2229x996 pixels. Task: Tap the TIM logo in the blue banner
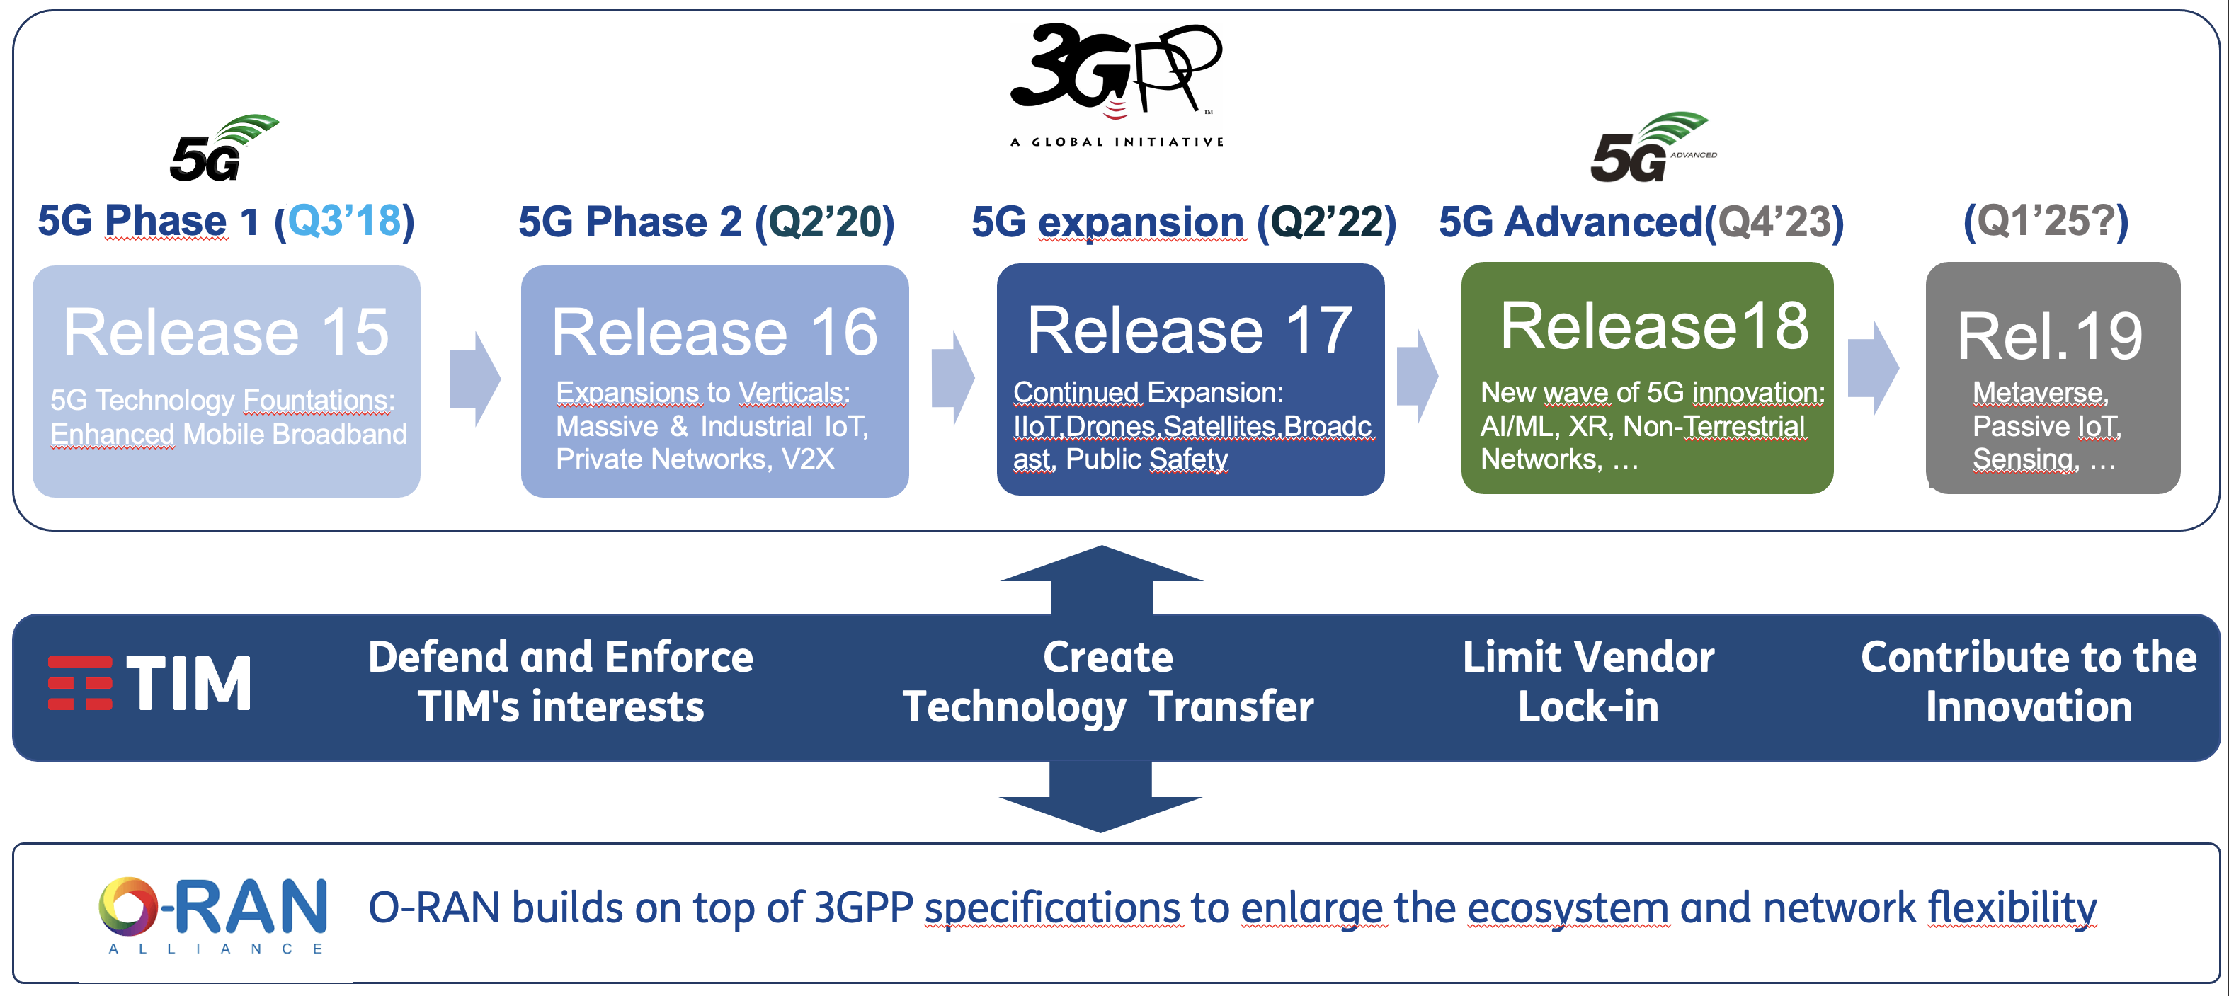pyautogui.click(x=149, y=682)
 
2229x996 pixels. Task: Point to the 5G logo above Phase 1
pyautogui.click(x=223, y=148)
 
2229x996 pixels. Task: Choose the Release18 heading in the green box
pyautogui.click(x=1653, y=326)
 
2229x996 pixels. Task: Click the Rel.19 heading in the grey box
pyautogui.click(x=2050, y=337)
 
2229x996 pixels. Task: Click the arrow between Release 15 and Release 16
pyautogui.click(x=475, y=378)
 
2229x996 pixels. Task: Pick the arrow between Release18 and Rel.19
pyautogui.click(x=1874, y=369)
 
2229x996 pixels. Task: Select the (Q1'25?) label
pyautogui.click(x=2046, y=222)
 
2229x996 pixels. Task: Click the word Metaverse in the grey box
pyautogui.click(x=2041, y=393)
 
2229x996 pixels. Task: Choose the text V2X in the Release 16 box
pyautogui.click(x=807, y=459)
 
